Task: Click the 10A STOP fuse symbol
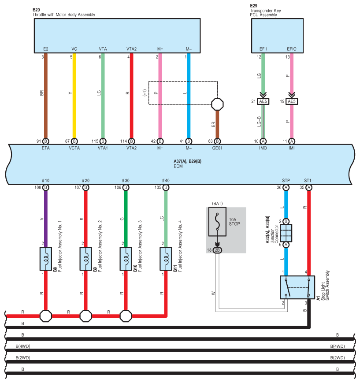217,222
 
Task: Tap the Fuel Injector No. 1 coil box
46,259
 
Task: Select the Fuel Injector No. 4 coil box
166,259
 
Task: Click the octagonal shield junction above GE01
217,104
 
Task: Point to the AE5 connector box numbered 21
263,101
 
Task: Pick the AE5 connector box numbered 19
292,101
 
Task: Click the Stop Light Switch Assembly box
297,287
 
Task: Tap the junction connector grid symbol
286,233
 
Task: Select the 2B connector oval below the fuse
217,250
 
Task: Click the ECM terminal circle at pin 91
46,141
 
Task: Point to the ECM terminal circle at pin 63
217,141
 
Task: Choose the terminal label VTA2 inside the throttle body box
131,49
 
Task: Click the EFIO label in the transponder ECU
292,49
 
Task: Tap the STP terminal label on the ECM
286,181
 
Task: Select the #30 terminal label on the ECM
126,181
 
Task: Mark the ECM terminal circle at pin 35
309,188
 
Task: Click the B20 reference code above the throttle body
36,10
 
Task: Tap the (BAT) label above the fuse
217,204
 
